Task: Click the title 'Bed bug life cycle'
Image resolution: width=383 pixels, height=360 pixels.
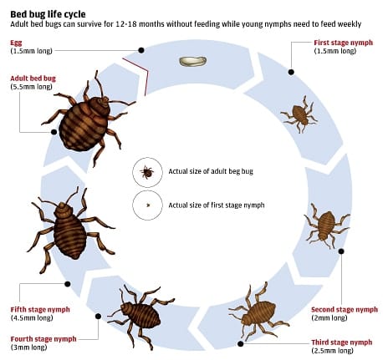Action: (x=48, y=14)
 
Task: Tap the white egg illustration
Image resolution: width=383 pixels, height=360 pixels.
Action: (x=193, y=61)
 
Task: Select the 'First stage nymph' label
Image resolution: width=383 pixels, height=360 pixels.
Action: (x=343, y=43)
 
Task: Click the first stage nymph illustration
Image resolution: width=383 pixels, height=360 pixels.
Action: (x=299, y=114)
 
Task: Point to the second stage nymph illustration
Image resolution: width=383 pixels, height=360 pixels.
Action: (x=327, y=225)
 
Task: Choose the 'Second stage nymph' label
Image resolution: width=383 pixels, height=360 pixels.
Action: (x=345, y=309)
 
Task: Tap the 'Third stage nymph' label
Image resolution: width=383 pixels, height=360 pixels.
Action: (x=342, y=342)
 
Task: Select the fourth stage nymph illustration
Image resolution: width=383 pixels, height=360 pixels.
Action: (x=141, y=316)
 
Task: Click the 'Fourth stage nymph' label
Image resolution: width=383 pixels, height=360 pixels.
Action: (x=43, y=339)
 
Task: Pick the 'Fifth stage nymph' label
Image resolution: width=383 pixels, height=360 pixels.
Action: (x=40, y=309)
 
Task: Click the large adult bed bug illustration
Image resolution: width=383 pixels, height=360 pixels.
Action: (x=86, y=119)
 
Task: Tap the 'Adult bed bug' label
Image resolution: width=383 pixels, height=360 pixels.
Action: (x=33, y=79)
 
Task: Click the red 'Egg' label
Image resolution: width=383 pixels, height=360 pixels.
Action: (x=16, y=43)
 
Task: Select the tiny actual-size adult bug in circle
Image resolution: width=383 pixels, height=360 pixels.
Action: (x=147, y=172)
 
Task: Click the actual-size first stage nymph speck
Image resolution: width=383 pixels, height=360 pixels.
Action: (x=148, y=205)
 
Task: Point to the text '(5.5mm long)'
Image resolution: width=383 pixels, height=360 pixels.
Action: (x=31, y=87)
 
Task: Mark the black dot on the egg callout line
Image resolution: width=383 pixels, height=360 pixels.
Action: (x=141, y=50)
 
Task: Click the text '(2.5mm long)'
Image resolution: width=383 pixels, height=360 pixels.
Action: (x=332, y=350)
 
